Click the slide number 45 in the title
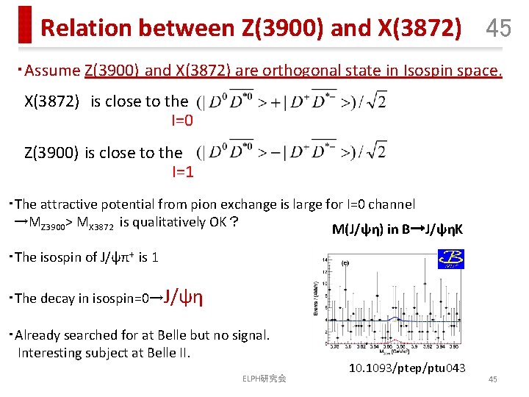coord(498,28)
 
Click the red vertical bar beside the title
coord(26,25)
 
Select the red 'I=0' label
coord(182,120)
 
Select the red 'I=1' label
coord(182,172)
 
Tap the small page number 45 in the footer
coord(492,379)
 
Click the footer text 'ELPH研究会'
coord(264,379)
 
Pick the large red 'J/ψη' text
coord(183,297)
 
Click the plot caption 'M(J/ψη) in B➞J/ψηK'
coord(397,229)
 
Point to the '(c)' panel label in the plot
coord(345,262)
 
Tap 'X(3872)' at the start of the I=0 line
coord(51,101)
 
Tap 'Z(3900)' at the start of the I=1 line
coord(51,153)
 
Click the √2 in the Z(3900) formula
coord(377,153)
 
